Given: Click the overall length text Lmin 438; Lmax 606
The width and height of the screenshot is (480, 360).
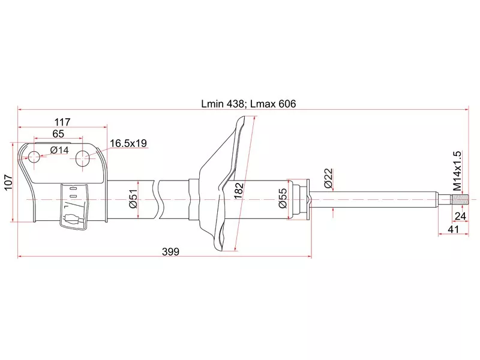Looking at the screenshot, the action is pos(248,103).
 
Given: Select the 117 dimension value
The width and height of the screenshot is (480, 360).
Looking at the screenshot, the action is pos(62,122).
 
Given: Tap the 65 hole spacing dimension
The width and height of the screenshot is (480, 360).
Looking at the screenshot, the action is pos(58,134).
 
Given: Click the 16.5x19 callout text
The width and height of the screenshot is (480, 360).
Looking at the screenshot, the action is pos(128,143).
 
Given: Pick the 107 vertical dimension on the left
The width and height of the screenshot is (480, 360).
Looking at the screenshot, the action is pos(8,182).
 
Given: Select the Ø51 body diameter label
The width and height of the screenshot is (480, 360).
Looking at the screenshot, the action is pos(134,197).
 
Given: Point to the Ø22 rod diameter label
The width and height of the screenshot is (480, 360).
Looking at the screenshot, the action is pos(328,178).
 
